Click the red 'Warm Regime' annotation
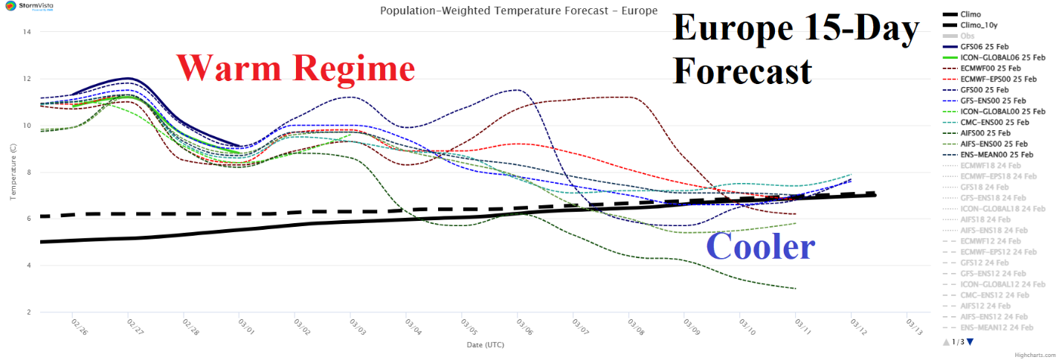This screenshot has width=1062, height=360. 295,68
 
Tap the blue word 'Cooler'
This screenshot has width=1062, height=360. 760,246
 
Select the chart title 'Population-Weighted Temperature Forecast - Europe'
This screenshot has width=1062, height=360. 518,11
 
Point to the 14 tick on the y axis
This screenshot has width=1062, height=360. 27,32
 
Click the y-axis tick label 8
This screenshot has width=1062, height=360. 28,172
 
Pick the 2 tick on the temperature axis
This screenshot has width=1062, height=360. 28,312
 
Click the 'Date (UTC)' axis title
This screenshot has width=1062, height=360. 485,345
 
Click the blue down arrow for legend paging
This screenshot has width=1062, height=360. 970,341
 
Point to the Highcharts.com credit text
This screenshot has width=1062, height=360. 1037,354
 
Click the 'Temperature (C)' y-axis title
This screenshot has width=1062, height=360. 12,172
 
